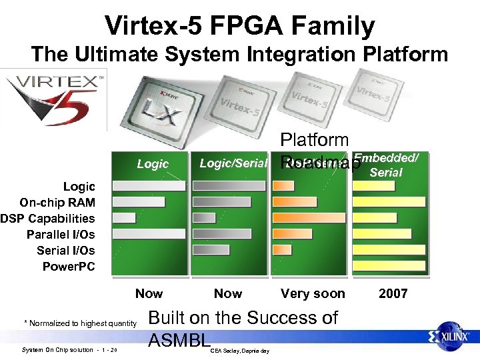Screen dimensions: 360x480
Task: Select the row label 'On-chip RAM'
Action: (57, 203)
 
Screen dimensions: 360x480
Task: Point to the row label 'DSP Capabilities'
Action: (48, 219)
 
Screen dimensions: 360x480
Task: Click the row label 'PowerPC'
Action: (69, 267)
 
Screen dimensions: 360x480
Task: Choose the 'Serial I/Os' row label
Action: (66, 251)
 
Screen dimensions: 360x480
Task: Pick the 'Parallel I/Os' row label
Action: (61, 235)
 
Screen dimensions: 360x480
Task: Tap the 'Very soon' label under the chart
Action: (313, 293)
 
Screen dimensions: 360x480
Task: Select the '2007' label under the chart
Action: (393, 293)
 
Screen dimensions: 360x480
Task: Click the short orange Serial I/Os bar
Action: (283, 249)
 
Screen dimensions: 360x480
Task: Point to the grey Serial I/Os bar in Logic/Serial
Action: (211, 249)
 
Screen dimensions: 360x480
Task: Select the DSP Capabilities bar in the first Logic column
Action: (124, 217)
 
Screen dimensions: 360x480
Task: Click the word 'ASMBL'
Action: (179, 341)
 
